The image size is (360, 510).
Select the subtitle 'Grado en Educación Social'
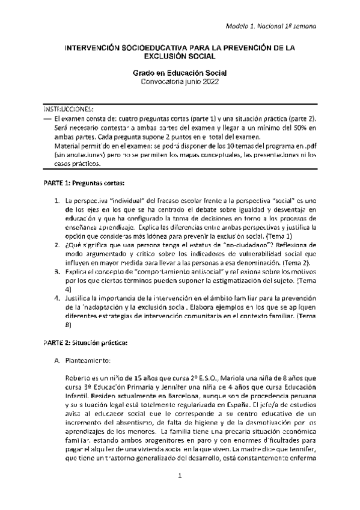coord(180,73)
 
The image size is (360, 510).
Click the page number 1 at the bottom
coord(180,494)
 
